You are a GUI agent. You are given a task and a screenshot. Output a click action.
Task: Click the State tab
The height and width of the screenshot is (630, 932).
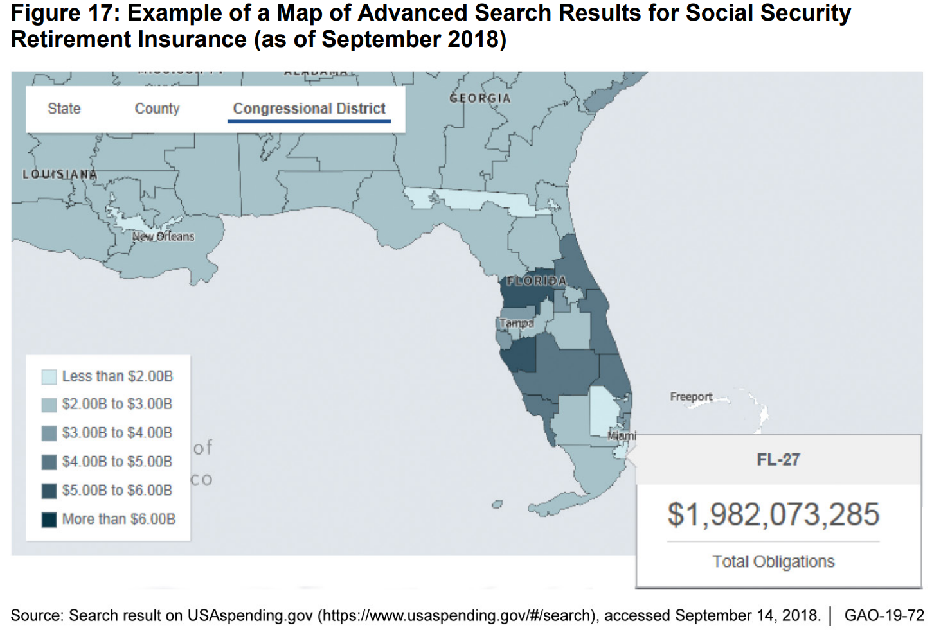(x=64, y=109)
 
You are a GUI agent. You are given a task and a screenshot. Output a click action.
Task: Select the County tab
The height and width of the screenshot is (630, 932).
(x=157, y=109)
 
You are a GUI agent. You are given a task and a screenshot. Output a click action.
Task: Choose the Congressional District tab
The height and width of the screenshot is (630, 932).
(x=309, y=109)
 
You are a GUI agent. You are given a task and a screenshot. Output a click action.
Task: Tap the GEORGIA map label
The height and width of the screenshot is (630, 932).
(x=480, y=98)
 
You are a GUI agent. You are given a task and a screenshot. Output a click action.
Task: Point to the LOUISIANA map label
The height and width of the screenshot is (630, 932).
(x=60, y=174)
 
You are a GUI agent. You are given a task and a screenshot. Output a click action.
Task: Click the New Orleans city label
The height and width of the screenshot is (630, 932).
(x=163, y=236)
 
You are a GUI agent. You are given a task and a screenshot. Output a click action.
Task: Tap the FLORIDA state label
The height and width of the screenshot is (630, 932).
(x=536, y=281)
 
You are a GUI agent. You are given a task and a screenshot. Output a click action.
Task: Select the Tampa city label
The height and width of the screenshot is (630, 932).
(x=517, y=323)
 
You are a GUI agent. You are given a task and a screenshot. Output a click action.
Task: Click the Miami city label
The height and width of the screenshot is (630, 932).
(x=622, y=435)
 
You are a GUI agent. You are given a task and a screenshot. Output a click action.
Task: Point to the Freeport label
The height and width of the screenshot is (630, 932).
(x=691, y=397)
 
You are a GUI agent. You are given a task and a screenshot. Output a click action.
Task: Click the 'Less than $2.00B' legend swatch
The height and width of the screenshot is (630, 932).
(x=49, y=376)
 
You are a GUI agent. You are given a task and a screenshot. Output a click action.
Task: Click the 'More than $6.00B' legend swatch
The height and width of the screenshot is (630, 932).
(x=49, y=519)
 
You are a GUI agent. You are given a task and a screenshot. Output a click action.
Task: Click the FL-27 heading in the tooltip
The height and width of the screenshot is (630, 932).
(x=778, y=460)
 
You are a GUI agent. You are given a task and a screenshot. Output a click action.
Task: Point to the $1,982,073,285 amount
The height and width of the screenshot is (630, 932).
(x=773, y=514)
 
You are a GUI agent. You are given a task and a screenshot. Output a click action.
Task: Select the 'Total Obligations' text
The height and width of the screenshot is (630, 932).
(x=773, y=562)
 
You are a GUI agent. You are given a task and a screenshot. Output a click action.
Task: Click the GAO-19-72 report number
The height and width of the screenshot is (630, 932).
(x=884, y=615)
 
